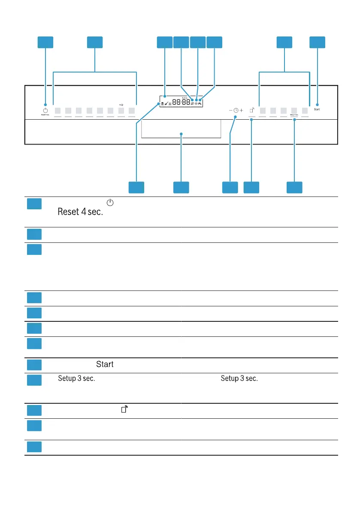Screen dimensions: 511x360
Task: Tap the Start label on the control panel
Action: click(317, 110)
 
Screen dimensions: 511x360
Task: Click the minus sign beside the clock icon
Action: click(230, 110)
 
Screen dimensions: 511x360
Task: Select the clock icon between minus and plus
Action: click(236, 110)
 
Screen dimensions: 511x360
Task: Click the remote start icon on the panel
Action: click(252, 110)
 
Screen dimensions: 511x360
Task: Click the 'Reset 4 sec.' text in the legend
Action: click(81, 212)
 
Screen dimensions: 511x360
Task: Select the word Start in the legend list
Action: click(105, 365)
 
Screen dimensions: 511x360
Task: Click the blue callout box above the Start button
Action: click(318, 42)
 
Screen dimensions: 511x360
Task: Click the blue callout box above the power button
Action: click(45, 42)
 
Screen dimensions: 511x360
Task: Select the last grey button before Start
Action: click(305, 110)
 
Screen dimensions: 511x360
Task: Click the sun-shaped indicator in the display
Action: click(196, 103)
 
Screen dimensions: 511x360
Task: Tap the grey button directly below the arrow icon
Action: click(121, 110)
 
